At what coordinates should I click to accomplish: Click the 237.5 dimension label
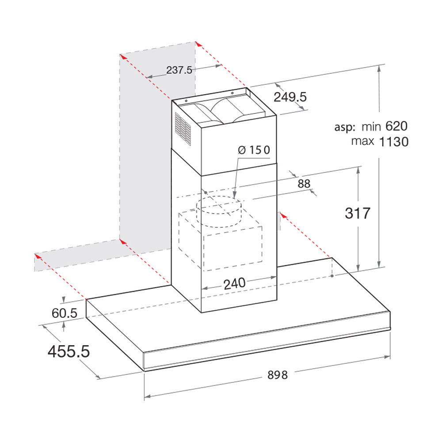coord(179,70)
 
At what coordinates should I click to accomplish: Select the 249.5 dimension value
coord(290,97)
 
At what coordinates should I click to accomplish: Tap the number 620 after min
coord(396,126)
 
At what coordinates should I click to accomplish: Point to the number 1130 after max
coord(394,142)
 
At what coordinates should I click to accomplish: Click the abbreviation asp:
coord(345,127)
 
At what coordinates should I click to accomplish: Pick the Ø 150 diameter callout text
coord(254,150)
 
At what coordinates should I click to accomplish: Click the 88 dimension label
coord(304,184)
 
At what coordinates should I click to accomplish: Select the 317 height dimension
coord(358,213)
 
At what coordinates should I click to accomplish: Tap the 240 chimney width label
coord(235,284)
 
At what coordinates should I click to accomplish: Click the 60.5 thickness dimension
coord(64,313)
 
